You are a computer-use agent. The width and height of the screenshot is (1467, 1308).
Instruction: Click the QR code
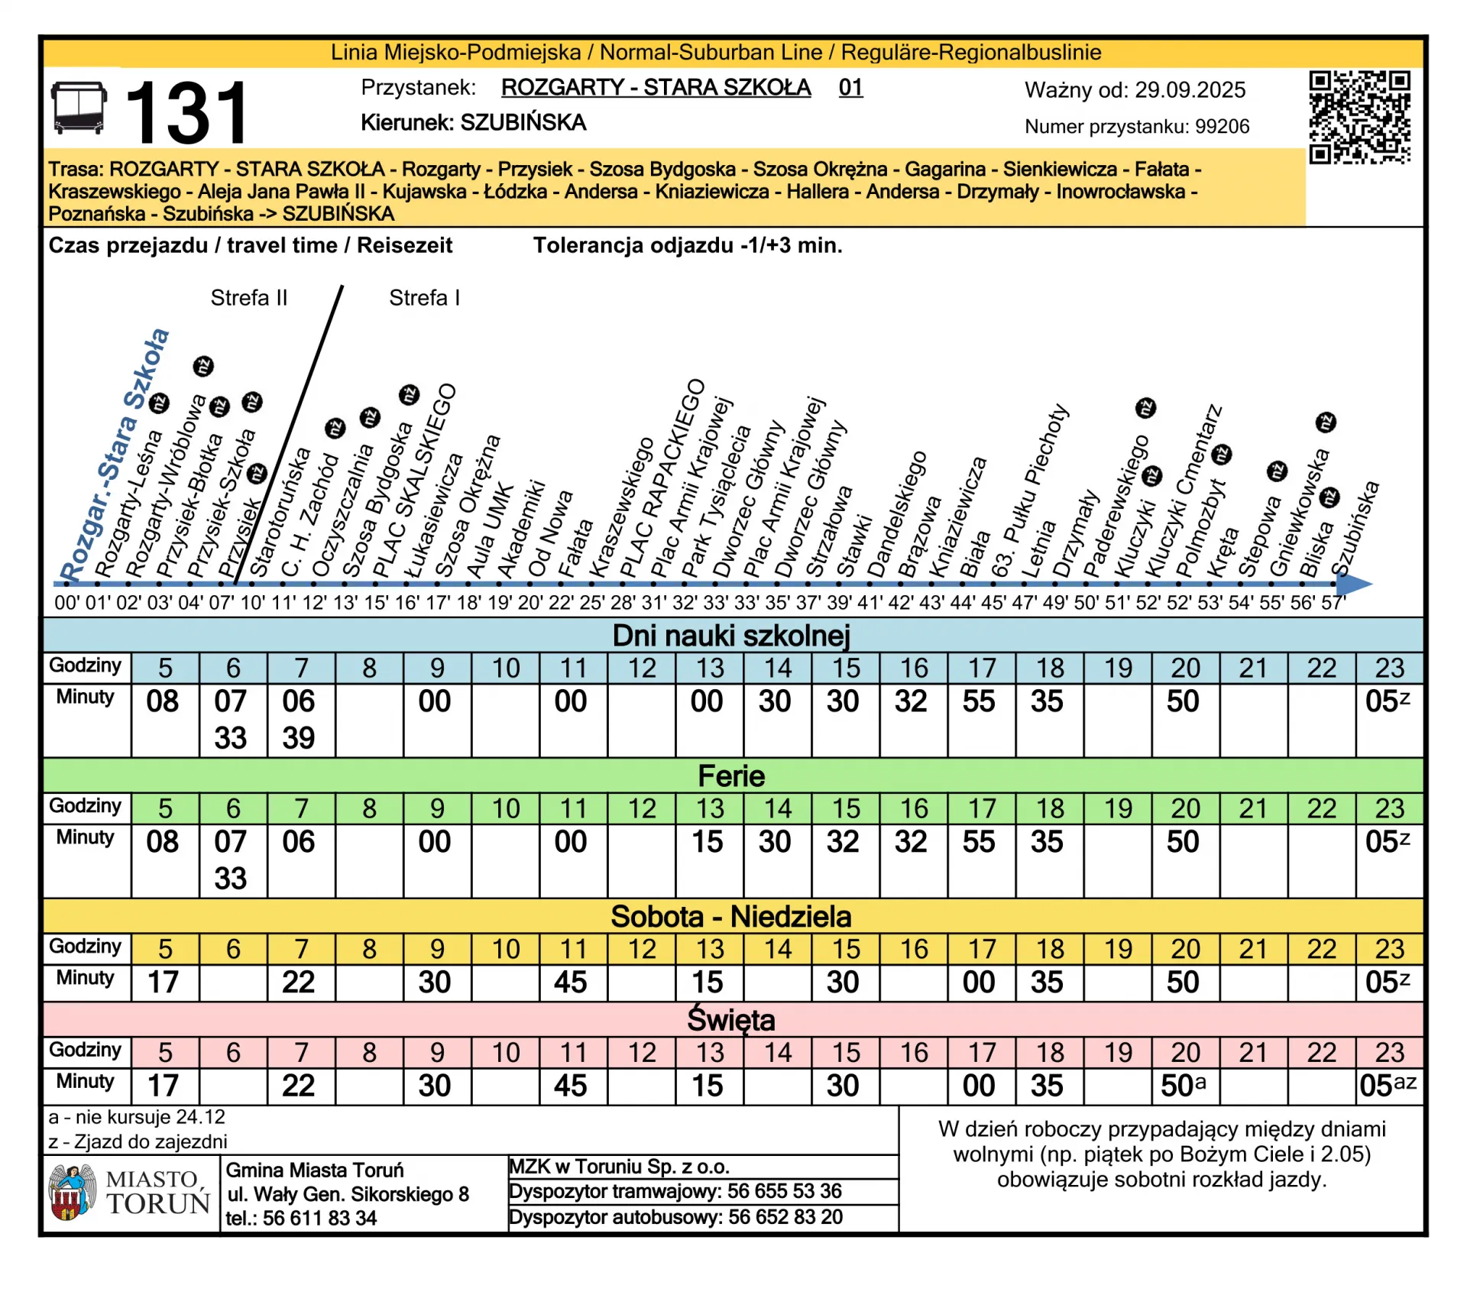[x=1359, y=117]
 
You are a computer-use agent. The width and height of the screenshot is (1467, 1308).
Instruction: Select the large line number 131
[x=186, y=113]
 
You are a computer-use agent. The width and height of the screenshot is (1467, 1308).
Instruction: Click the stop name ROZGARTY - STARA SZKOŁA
[x=656, y=87]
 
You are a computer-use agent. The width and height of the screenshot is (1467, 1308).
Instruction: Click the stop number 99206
[x=1222, y=127]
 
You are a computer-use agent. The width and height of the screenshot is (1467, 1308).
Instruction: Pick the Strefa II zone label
[x=248, y=298]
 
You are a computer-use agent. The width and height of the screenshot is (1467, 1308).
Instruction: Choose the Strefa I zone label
[x=424, y=298]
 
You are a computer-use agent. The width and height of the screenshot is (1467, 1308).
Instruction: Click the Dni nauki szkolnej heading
[x=731, y=636]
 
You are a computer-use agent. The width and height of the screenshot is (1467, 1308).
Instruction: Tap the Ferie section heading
[x=731, y=776]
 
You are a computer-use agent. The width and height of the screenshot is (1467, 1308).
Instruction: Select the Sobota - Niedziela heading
[x=731, y=916]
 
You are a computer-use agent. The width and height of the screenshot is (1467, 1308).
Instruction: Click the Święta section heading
[x=731, y=1020]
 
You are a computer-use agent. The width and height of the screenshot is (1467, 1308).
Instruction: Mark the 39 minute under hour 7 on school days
[x=298, y=738]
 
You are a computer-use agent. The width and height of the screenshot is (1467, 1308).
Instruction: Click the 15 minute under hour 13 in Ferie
[x=708, y=842]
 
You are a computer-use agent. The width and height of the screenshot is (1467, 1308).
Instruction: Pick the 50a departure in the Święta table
[x=1183, y=1086]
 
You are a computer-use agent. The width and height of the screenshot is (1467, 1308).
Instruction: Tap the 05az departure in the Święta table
[x=1388, y=1086]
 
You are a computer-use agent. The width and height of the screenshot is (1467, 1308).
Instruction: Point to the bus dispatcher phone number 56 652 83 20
[x=785, y=1217]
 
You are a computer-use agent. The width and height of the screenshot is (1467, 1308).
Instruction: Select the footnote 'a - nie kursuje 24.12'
[x=137, y=1117]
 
